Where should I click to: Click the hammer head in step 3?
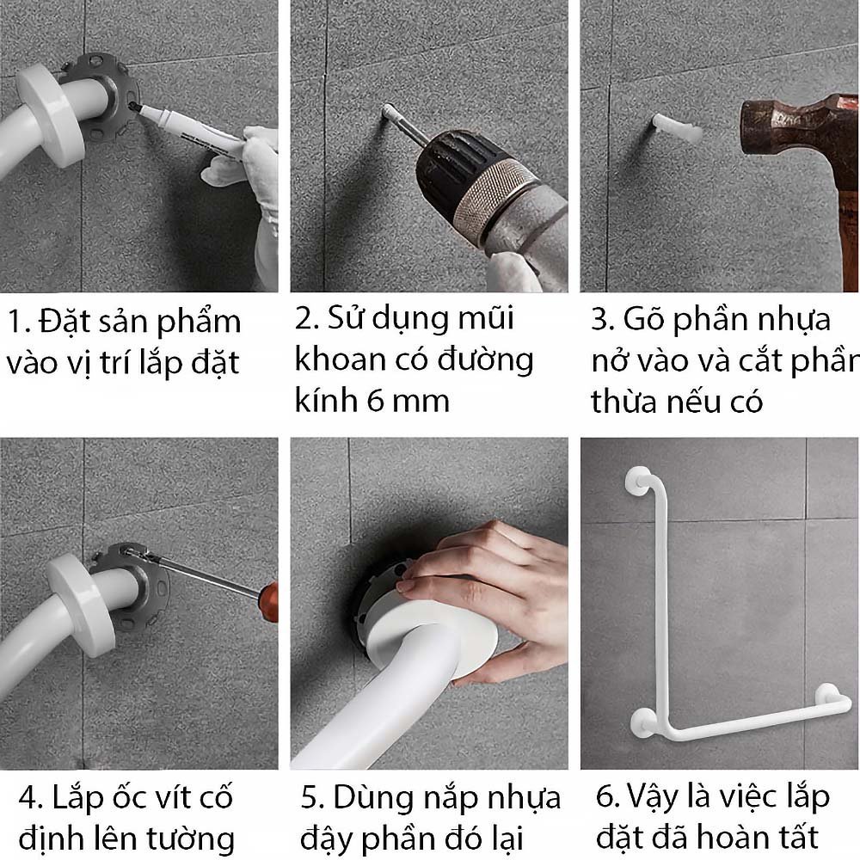799,127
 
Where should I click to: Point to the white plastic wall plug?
678,127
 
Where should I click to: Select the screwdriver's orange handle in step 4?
270,602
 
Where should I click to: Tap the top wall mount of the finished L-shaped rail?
638,482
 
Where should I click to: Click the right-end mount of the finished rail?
827,696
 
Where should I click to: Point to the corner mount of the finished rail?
643,722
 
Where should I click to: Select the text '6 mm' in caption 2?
408,401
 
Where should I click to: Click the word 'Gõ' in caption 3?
642,318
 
